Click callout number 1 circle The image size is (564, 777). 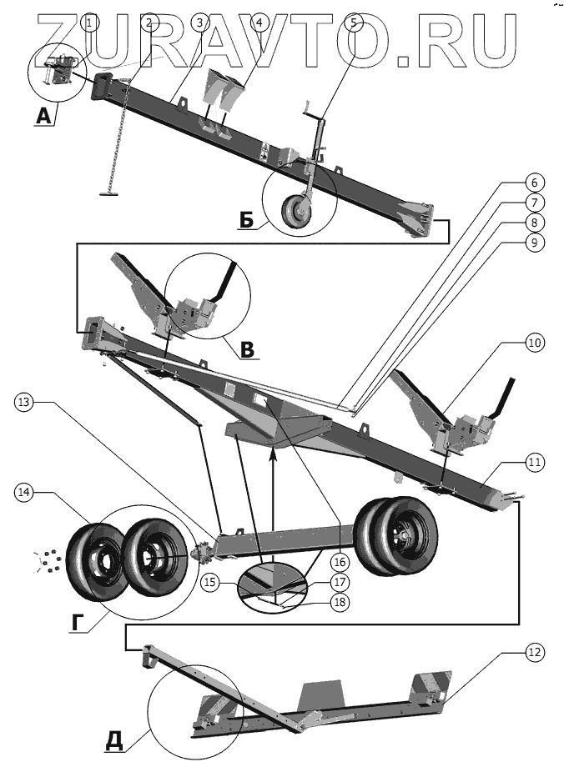tap(92, 23)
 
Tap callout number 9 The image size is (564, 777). tap(532, 243)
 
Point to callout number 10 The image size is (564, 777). tap(532, 342)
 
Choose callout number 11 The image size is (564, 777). tap(532, 460)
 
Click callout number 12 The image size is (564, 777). tap(532, 654)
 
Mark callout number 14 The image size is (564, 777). tap(24, 493)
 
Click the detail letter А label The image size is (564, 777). tap(44, 118)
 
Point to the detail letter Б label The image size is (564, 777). tap(245, 219)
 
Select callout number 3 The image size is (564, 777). tap(199, 23)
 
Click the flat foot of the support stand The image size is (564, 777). tap(109, 193)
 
